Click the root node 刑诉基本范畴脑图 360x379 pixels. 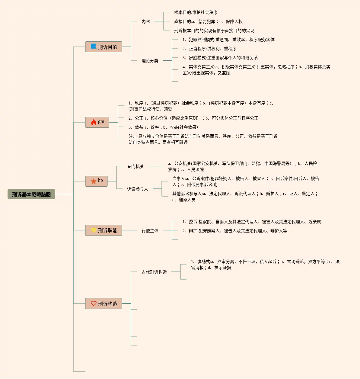tap(31, 194)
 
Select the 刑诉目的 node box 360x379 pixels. tap(104, 47)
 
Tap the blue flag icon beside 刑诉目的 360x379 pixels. tap(94, 47)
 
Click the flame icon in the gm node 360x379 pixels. tap(94, 122)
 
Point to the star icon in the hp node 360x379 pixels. tap(94, 181)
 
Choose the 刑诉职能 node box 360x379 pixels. tap(104, 230)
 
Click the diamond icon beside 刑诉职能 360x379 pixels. tap(94, 230)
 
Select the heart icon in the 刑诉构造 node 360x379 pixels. tap(94, 304)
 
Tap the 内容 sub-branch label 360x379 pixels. tap(146, 21)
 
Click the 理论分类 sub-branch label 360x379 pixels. tap(150, 61)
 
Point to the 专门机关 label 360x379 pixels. tap(135, 166)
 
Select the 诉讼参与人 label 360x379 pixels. tap(138, 189)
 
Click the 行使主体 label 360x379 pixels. tap(150, 231)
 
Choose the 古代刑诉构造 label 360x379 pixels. tap(154, 272)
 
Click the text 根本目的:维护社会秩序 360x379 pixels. tap(196, 12)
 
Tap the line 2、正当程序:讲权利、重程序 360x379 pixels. tap(209, 49)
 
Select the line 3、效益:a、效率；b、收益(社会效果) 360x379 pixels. tap(163, 127)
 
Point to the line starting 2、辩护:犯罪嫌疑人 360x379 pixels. tap(235, 231)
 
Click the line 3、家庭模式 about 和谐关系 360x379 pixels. tap(220, 58)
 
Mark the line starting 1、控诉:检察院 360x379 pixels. tap(252, 222)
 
